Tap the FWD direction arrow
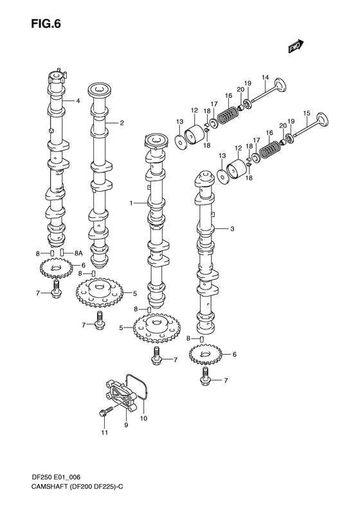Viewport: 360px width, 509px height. tap(295, 46)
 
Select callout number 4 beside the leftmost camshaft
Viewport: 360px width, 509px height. tap(78, 101)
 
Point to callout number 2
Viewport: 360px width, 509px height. tap(122, 122)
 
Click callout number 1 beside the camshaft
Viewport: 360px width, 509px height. tap(130, 203)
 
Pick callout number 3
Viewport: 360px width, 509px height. tap(231, 229)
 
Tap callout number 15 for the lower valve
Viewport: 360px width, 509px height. tap(307, 114)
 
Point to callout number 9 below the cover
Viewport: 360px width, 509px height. tap(126, 425)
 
